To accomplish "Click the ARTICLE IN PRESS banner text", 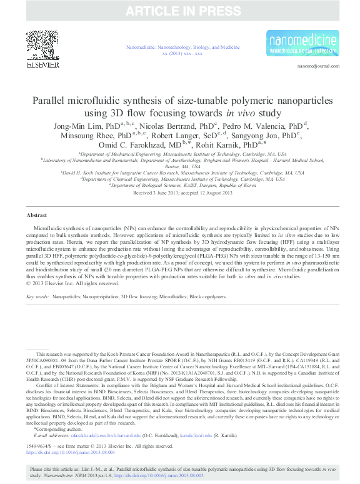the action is [x=180, y=10].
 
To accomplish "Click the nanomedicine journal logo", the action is [x=303, y=43].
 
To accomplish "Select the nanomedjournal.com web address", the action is [x=317, y=66].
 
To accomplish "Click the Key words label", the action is [x=37, y=296].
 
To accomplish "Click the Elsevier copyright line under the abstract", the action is [x=72, y=283].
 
